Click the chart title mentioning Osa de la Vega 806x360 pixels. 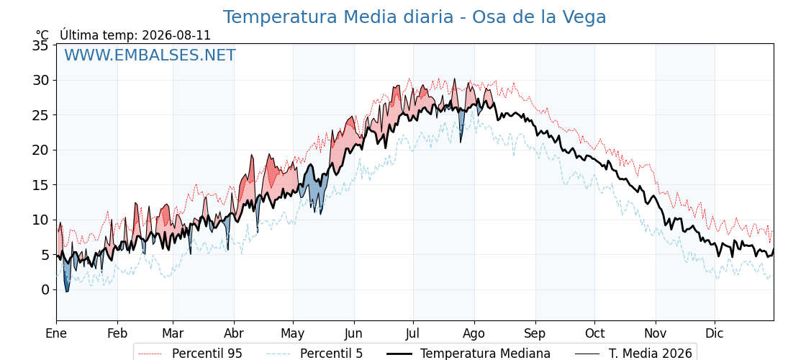point(415,17)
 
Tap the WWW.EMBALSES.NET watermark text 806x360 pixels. point(150,55)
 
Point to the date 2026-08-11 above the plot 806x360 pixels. point(176,35)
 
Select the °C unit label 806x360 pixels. point(42,35)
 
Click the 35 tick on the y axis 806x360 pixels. point(40,45)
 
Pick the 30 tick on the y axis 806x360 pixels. point(40,80)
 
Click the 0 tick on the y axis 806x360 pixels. point(45,289)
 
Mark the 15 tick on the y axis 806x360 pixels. point(40,184)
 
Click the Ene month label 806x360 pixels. point(56,334)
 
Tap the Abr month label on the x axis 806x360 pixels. point(234,334)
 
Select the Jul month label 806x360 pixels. point(413,334)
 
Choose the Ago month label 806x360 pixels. point(474,334)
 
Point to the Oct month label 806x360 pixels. point(594,334)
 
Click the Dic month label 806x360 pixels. point(715,334)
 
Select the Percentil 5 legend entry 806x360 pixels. point(314,354)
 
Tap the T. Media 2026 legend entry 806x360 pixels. point(633,354)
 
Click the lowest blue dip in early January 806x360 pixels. point(66,292)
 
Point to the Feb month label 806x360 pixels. point(117,334)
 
